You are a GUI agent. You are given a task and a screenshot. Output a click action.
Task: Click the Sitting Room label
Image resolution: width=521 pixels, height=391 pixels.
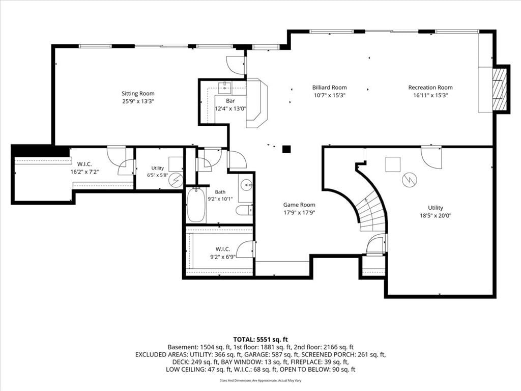coord(138,94)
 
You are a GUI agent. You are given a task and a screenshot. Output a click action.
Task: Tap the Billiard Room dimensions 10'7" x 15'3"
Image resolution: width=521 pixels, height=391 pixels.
coord(330,95)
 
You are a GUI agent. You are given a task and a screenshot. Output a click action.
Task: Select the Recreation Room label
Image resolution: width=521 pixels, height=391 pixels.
coord(430,88)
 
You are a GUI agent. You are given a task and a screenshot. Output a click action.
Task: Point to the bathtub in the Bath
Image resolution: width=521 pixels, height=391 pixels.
coord(196,205)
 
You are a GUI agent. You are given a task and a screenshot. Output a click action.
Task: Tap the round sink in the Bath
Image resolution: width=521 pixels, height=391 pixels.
coord(246,184)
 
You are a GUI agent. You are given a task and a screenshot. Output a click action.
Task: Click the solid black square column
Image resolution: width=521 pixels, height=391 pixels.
coord(286,149)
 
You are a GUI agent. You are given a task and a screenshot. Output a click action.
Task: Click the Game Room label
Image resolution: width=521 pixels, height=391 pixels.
coord(299,205)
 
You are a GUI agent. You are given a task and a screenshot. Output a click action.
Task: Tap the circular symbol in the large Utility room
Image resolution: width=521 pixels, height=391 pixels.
coord(409,180)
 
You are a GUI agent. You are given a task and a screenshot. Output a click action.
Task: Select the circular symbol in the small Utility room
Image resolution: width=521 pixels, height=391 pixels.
coord(176,180)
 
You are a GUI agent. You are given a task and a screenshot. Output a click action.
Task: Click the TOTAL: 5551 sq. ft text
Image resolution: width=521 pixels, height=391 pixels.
coord(260,340)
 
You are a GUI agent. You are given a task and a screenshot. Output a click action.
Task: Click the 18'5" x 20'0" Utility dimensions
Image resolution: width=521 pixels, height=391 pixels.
coord(436,215)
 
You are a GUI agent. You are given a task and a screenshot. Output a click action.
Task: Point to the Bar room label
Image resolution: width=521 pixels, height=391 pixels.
coord(230,101)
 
